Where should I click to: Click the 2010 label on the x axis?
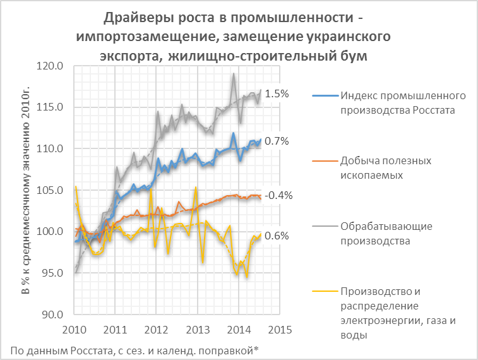click(74, 329)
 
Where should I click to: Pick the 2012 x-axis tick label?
click(156, 329)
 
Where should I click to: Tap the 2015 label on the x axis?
click(279, 329)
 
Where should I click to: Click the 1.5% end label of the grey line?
click(277, 93)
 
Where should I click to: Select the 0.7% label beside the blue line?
click(277, 141)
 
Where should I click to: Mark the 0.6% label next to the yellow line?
click(277, 236)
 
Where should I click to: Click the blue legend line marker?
click(325, 96)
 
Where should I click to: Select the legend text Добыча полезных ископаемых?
click(385, 167)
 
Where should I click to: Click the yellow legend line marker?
click(325, 292)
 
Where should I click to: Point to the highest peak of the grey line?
click(234, 74)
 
